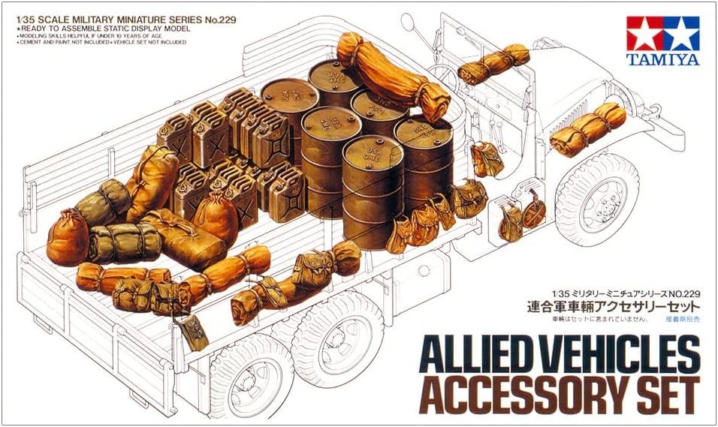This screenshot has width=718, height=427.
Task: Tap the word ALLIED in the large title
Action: coord(477,354)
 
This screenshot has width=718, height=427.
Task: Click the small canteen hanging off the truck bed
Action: coord(192,331)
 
